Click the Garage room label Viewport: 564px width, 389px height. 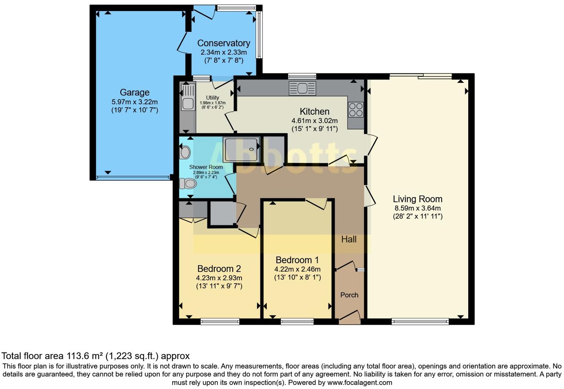click(x=134, y=92)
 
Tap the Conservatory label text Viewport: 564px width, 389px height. click(x=223, y=43)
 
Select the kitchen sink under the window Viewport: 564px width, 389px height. click(x=302, y=88)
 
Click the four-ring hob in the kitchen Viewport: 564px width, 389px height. click(x=355, y=109)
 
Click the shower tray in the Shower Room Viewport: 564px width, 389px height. click(x=241, y=149)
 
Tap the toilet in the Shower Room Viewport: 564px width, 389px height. click(x=188, y=183)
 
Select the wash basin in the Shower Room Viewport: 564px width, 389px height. click(x=185, y=152)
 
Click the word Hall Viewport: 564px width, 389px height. click(x=349, y=239)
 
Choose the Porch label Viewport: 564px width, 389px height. click(x=349, y=295)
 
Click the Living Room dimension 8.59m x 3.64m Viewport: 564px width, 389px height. click(x=417, y=208)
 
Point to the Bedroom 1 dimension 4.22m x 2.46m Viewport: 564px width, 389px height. click(x=297, y=269)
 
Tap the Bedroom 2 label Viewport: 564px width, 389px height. click(x=219, y=269)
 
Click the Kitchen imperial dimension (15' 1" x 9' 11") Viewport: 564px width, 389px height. click(x=314, y=129)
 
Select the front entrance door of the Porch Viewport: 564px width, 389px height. click(x=350, y=316)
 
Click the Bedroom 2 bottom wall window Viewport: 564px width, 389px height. click(x=220, y=321)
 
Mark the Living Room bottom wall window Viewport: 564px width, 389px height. click(x=420, y=321)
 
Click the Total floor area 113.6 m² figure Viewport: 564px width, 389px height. click(x=85, y=356)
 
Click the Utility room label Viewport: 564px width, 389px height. click(x=212, y=98)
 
